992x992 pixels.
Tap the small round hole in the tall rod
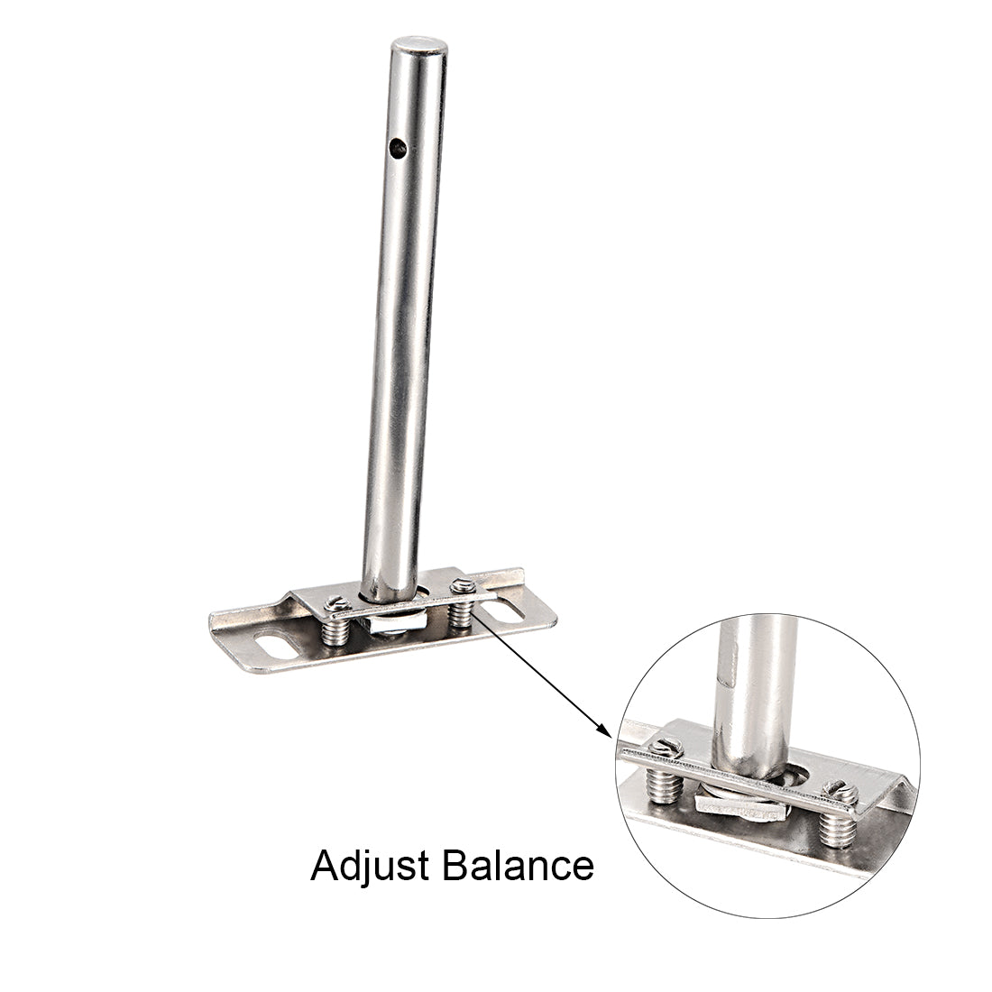[399, 150]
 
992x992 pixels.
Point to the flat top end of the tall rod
[418, 45]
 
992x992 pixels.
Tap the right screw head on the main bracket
[462, 587]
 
